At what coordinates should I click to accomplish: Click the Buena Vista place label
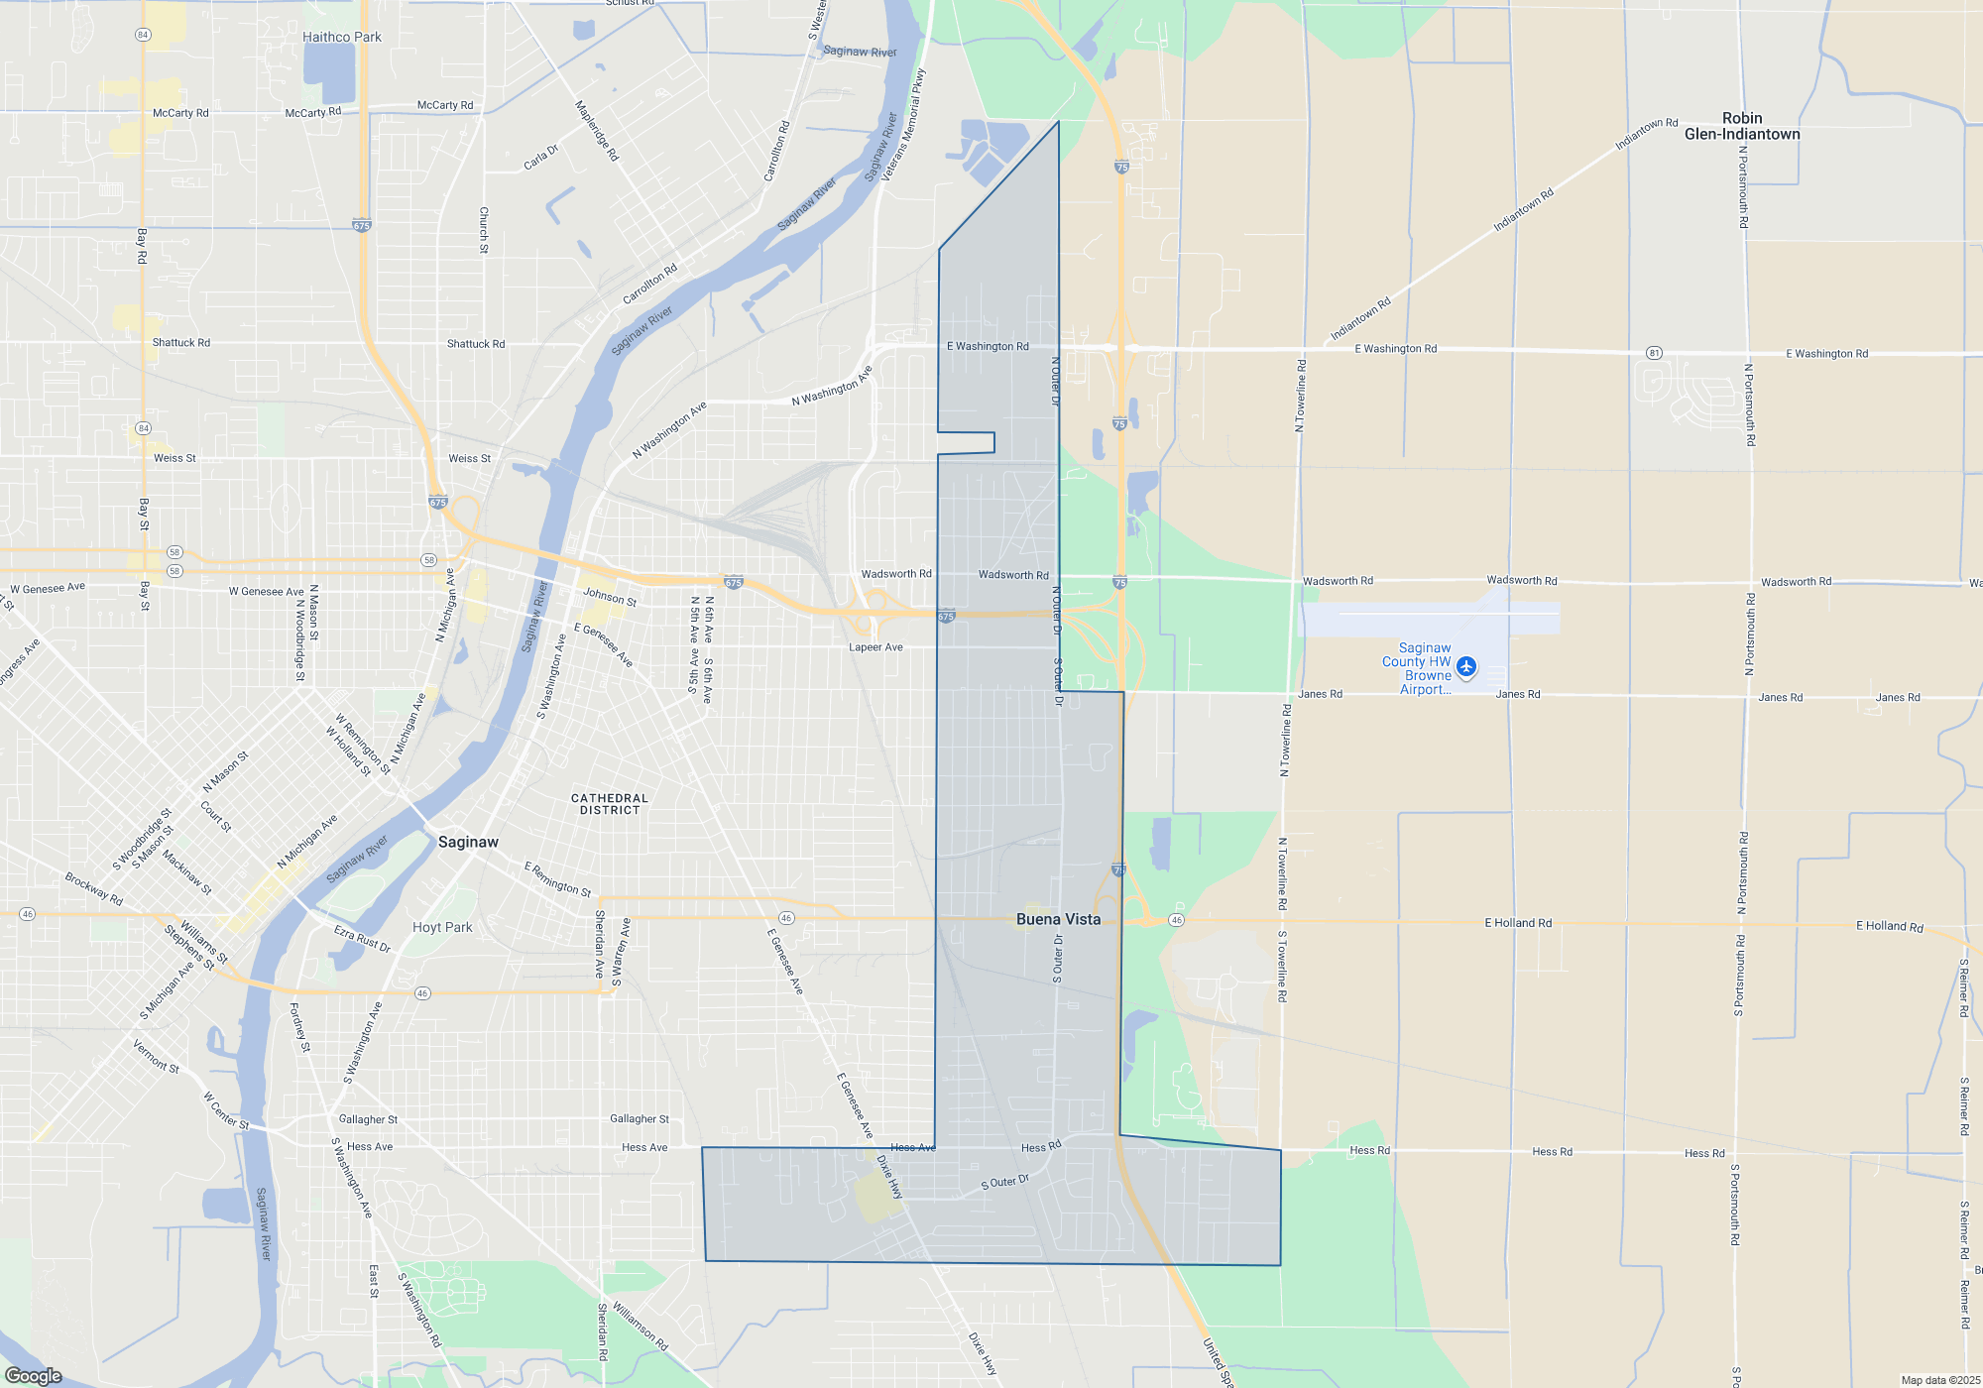[1058, 919]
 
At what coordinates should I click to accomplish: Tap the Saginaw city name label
[468, 842]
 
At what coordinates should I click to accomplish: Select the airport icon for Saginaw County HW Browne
[1466, 666]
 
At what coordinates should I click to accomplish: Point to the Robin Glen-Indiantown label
[1742, 126]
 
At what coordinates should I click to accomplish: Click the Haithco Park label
[341, 37]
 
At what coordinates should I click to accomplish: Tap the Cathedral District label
[609, 804]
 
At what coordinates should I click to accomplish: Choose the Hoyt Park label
[442, 927]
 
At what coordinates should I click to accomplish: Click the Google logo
[33, 1375]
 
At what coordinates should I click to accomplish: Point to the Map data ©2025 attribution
[1940, 1380]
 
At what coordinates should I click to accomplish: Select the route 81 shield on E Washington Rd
[1654, 353]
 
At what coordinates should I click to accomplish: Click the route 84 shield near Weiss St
[144, 428]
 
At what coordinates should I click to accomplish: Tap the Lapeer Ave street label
[875, 647]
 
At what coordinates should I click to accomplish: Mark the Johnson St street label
[610, 596]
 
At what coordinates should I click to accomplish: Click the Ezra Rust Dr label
[362, 938]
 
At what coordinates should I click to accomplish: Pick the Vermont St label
[156, 1055]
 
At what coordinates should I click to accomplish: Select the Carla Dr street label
[541, 157]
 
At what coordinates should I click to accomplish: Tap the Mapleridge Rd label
[597, 130]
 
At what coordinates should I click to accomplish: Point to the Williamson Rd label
[640, 1326]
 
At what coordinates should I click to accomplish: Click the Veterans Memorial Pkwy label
[902, 124]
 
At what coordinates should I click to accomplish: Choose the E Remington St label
[557, 878]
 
